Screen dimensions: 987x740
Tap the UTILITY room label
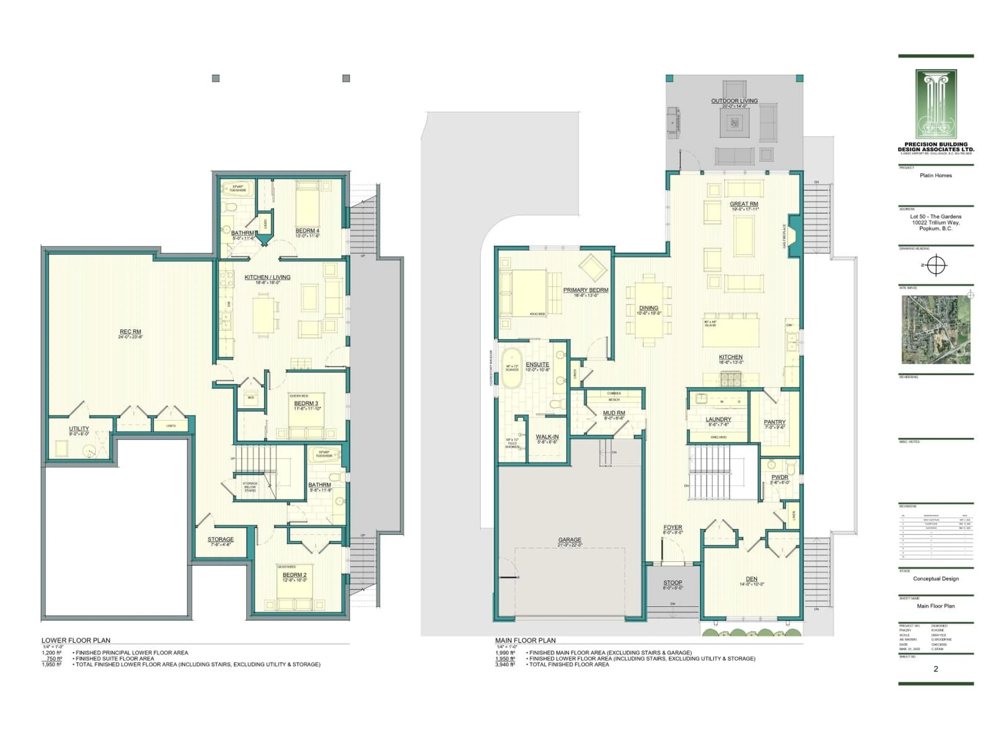coord(79,429)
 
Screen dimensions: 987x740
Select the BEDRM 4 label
coord(307,231)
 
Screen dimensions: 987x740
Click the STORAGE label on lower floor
coord(221,539)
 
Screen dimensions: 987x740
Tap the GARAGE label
coord(570,540)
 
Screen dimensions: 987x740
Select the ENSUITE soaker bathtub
coord(512,368)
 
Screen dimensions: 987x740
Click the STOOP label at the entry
coord(672,582)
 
